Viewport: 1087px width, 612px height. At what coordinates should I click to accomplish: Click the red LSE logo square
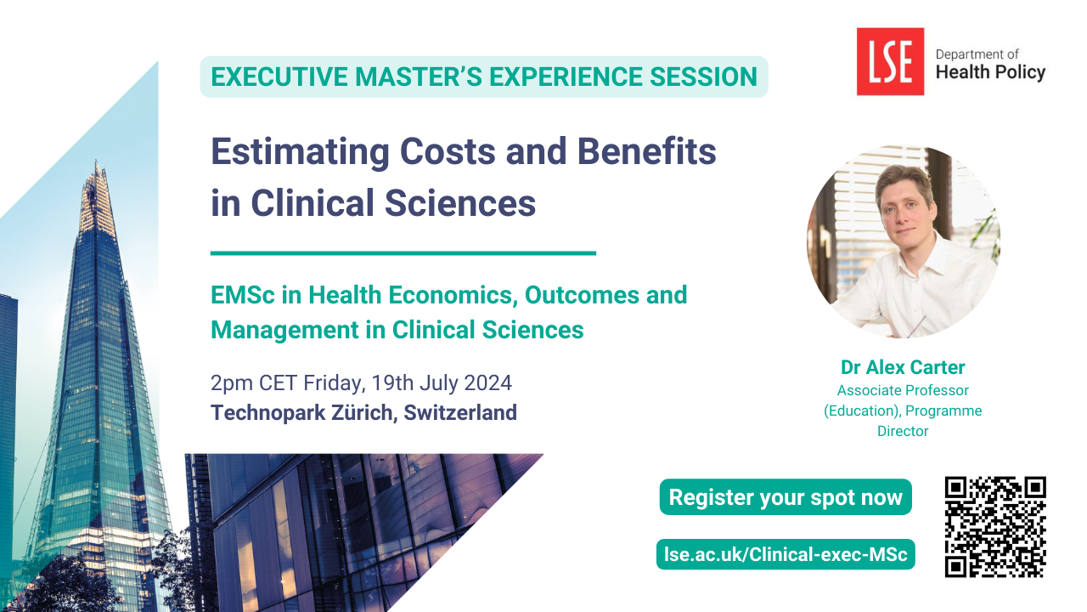coord(890,61)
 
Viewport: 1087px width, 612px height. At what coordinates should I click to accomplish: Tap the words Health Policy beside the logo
coord(990,72)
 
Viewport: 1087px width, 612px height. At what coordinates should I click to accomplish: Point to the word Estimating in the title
coord(300,152)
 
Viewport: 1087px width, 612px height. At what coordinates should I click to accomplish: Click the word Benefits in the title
coord(646,151)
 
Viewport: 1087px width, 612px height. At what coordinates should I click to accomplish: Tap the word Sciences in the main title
coord(460,202)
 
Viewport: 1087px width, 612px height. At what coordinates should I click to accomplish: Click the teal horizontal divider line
coord(403,253)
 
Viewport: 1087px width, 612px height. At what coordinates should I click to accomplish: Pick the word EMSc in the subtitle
coord(243,295)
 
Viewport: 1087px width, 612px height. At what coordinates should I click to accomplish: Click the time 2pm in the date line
coord(231,383)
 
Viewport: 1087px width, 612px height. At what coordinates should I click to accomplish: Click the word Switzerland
coord(460,412)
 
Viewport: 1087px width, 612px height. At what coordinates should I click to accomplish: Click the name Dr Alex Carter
coord(903,367)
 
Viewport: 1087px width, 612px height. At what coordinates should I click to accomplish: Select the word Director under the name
coord(903,431)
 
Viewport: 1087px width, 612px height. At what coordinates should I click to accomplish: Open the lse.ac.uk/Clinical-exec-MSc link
coord(786,554)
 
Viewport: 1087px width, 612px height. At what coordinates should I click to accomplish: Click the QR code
coord(995,527)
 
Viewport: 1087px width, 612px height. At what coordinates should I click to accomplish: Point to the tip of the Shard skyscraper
coord(96,161)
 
